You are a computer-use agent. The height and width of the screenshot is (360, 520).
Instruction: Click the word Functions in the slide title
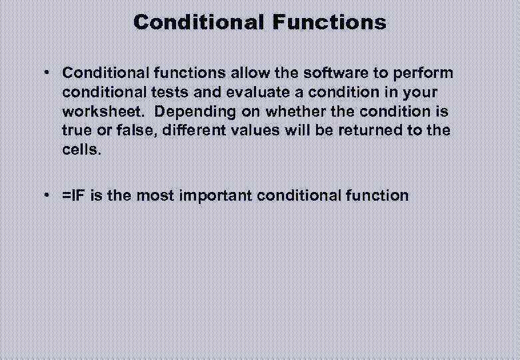tap(329, 22)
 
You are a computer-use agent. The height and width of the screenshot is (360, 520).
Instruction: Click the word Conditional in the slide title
tap(198, 22)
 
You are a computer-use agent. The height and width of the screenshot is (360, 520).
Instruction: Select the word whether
tap(297, 111)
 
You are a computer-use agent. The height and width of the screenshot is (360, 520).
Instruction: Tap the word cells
tap(82, 149)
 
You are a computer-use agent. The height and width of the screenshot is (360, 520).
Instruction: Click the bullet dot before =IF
tap(49, 195)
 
